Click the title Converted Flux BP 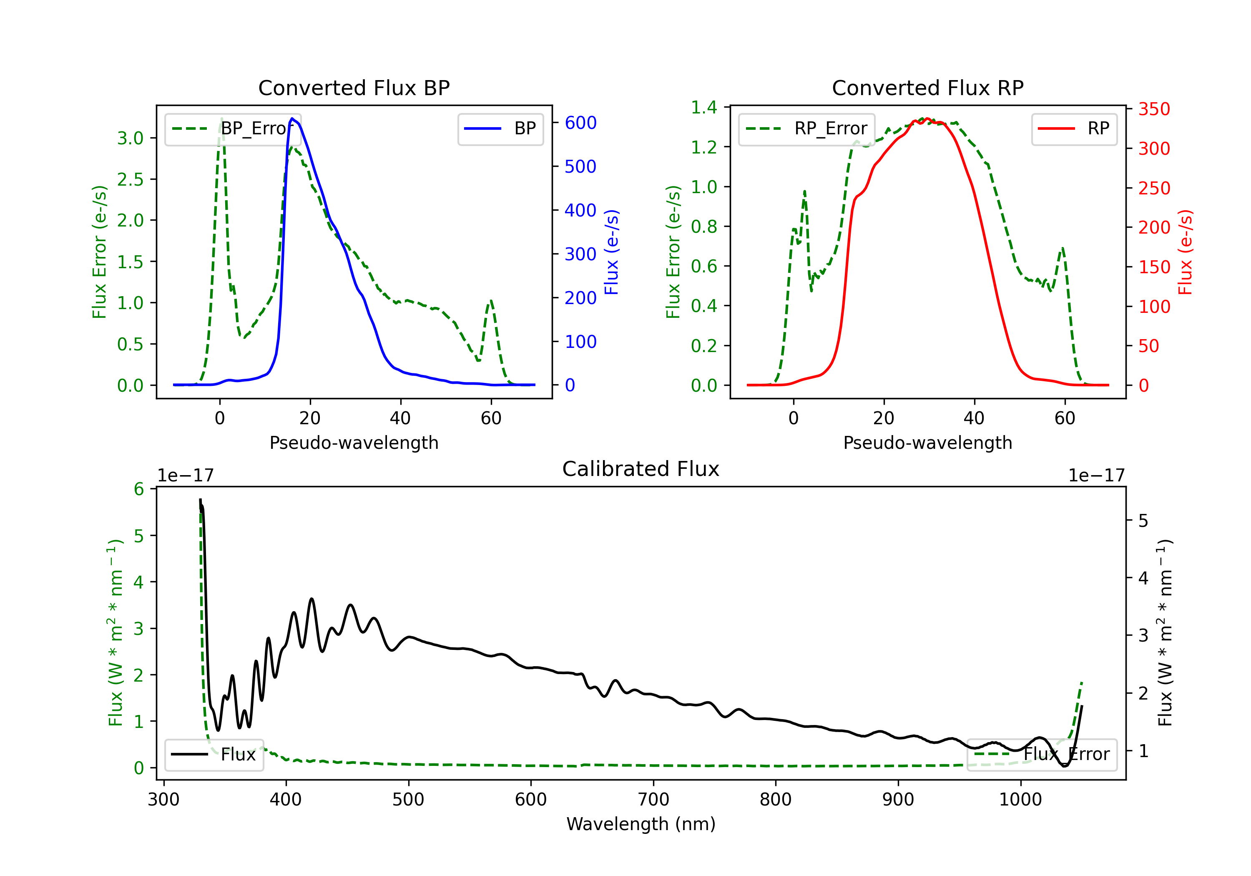coord(354,88)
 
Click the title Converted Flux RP coord(928,88)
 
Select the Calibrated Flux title coord(641,469)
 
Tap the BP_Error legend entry coord(233,128)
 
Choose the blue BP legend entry coord(500,128)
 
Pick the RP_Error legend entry coord(806,128)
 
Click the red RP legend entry coord(1074,128)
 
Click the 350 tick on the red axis coord(1154,109)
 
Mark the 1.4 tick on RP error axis coord(704,107)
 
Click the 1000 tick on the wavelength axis coord(1020,800)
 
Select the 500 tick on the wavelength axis coord(408,800)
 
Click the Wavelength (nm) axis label coord(641,824)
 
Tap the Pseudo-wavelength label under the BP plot coord(354,443)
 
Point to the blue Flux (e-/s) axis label coord(612,252)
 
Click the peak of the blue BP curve coord(293,118)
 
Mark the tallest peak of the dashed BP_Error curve coord(221,118)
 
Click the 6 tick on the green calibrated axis coord(139,489)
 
